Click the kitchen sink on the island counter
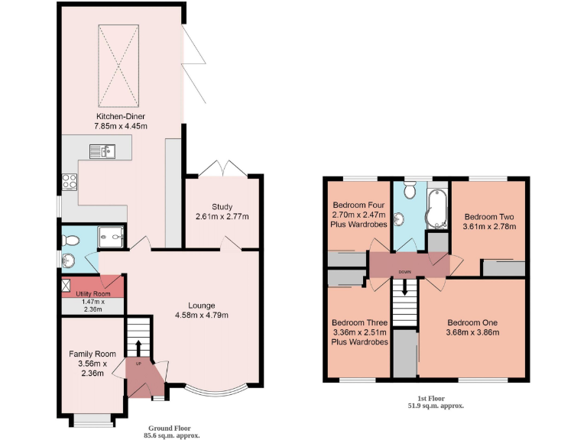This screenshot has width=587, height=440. pos(101,151)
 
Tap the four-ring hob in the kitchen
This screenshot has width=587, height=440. pos(69,182)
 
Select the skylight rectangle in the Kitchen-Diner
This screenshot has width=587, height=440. pos(118,66)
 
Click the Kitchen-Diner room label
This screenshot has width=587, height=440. pos(121,116)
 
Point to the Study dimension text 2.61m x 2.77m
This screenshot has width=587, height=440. pos(222,217)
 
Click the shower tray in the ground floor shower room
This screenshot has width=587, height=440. pos(114,239)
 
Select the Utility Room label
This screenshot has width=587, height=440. pos(92,293)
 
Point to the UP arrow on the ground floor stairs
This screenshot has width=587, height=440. pos(138,348)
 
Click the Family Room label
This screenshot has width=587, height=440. pos(92,354)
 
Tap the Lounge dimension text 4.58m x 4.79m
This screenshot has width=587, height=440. pos(203,315)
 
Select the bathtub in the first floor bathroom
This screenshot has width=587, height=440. pos(439,207)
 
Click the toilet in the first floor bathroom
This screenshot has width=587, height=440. pos(410,190)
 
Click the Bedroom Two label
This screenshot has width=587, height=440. pos(490,216)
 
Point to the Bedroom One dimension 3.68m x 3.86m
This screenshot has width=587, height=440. pos(472,332)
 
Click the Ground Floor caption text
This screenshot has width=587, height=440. pos(171,428)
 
